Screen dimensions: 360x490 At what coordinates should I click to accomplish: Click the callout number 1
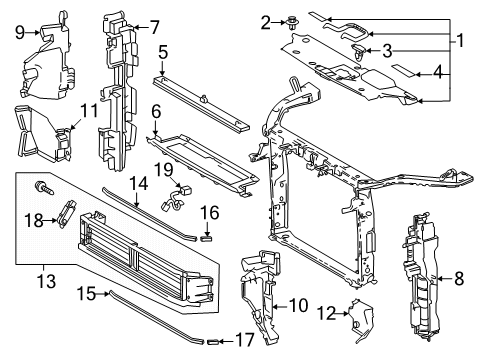(x=461, y=41)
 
